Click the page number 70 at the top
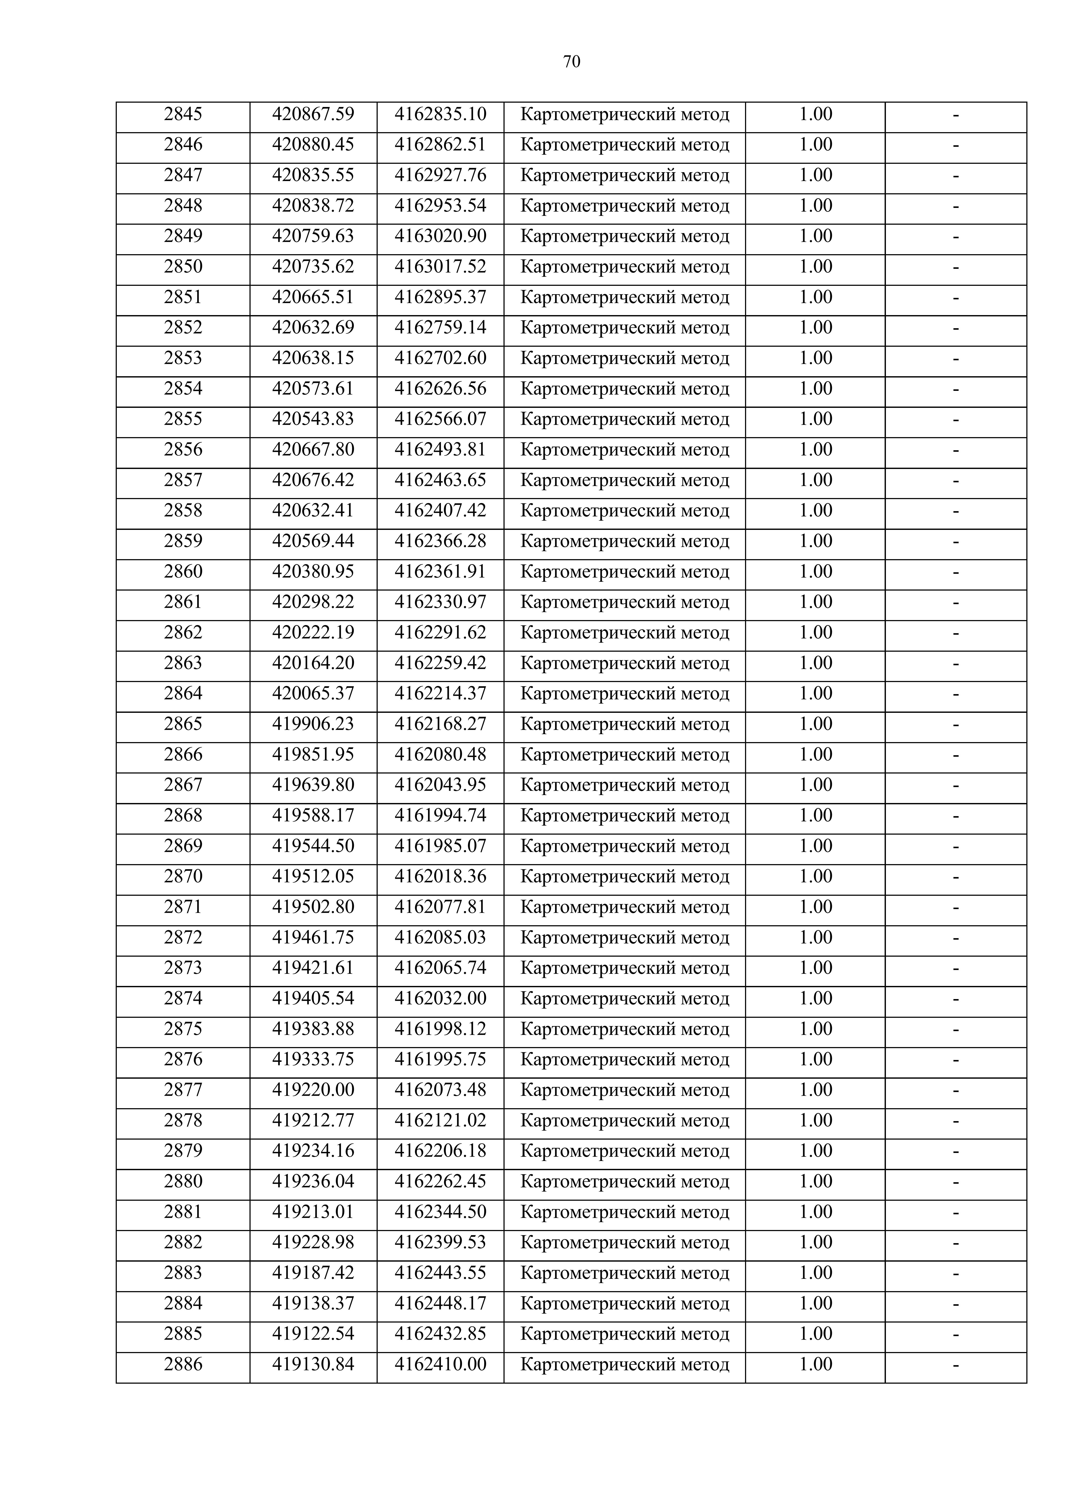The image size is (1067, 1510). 571,62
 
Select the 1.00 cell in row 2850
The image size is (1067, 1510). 815,267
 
